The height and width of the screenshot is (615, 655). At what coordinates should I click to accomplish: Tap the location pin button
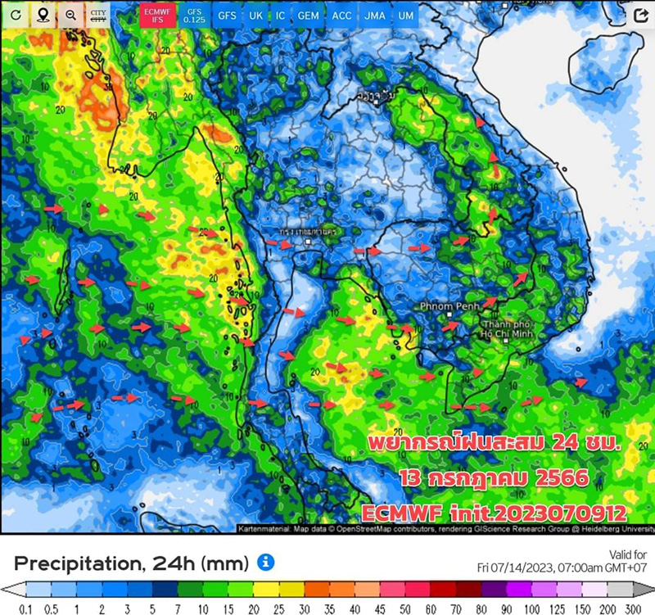click(x=43, y=15)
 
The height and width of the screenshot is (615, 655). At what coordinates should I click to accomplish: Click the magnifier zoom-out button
click(x=71, y=15)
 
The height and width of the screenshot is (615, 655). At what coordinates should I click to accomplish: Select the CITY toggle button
click(x=99, y=15)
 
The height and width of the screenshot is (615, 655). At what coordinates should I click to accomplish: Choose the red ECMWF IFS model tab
click(x=154, y=15)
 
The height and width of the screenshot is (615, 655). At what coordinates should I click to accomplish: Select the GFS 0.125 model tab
click(x=193, y=15)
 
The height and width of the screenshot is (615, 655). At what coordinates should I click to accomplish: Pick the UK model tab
click(x=256, y=16)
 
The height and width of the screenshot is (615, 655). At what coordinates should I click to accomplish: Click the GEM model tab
click(x=309, y=16)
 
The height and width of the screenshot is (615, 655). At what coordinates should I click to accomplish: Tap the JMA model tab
click(x=375, y=16)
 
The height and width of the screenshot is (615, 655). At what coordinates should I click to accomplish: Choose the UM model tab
click(x=404, y=16)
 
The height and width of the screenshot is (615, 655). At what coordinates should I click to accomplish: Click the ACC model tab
click(x=342, y=16)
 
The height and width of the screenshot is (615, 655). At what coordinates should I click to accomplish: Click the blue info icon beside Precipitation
click(x=265, y=563)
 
